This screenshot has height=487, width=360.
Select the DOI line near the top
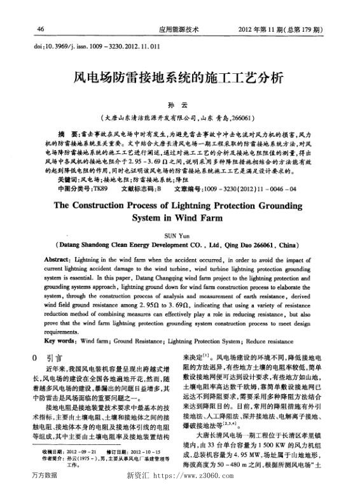[x=92, y=46]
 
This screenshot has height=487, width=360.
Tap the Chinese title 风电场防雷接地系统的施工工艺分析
[x=179, y=79]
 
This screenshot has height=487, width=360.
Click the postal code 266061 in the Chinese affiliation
[x=242, y=118]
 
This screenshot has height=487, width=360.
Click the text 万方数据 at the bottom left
[x=43, y=476]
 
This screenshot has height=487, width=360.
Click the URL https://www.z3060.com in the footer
[x=201, y=476]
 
